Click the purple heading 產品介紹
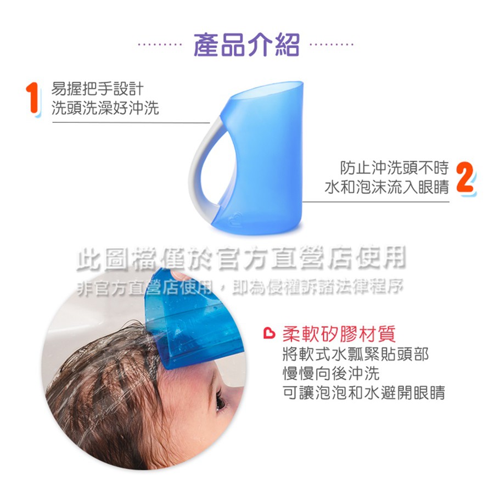(246, 45)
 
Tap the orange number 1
(33, 99)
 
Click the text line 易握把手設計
(97, 89)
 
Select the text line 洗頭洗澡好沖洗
(105, 108)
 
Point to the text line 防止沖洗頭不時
(394, 167)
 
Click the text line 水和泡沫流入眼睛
(386, 187)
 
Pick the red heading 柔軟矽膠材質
(339, 334)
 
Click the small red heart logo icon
(269, 334)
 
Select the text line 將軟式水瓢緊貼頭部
(355, 354)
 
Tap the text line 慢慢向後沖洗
(331, 373)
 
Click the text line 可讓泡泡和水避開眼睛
(363, 392)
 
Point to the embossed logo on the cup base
(234, 217)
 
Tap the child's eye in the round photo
(221, 401)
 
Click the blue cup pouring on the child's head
(192, 318)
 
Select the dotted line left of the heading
(160, 44)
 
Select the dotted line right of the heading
(332, 44)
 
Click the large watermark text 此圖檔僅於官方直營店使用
(241, 259)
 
